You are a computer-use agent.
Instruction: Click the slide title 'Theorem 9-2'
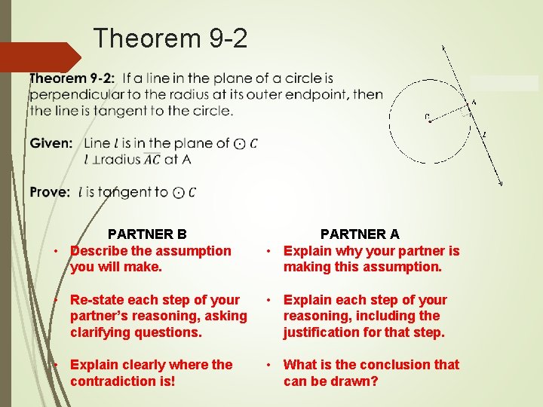170,38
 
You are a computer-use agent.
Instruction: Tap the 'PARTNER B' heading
147,234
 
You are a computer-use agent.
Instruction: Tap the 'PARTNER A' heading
360,234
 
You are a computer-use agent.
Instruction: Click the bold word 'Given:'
51,143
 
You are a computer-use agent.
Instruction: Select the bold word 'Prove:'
51,192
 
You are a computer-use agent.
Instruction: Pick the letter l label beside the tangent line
484,135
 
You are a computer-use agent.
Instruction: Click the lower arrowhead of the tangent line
500,182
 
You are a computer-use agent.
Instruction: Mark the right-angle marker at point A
465,114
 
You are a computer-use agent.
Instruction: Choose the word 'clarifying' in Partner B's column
102,332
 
